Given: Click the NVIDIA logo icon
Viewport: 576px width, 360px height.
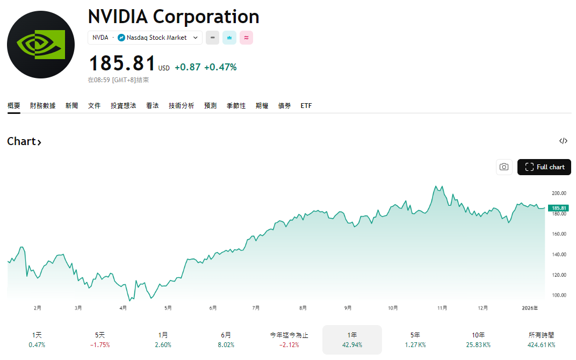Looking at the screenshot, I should (41, 45).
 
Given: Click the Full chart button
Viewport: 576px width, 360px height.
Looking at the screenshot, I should (544, 167).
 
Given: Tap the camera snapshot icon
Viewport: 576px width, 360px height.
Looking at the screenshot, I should (503, 167).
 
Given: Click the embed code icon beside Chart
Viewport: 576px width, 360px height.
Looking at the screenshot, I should (563, 141).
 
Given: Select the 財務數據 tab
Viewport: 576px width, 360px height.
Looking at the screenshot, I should (43, 106).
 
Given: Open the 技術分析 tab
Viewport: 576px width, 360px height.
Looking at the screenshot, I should (181, 106).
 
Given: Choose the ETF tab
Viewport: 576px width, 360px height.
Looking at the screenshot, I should (306, 106).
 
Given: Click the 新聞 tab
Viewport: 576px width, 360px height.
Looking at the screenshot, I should (71, 106).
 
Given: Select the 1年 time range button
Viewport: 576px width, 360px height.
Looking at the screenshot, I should (352, 339).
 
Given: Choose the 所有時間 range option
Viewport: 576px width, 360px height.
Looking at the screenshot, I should (541, 339).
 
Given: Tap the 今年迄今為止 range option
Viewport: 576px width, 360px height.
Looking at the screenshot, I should (289, 339).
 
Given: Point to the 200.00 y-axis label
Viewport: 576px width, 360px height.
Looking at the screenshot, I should (559, 193).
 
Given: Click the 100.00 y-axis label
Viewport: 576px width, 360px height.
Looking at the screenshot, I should (559, 296).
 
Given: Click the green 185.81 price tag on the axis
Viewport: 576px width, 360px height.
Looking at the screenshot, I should (558, 208).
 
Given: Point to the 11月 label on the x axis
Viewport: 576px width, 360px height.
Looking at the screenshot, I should (442, 308).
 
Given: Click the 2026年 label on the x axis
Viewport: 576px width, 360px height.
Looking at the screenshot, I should (529, 308).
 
